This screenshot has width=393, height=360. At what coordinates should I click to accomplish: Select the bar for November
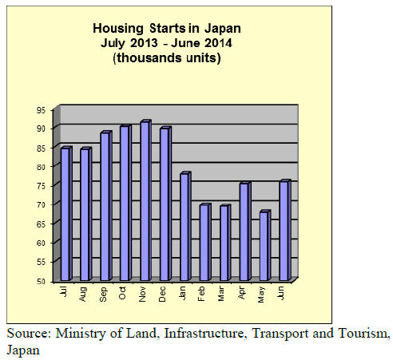[145, 200]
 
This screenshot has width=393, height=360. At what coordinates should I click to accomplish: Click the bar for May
[265, 245]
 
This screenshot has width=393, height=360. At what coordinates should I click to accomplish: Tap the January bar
[185, 227]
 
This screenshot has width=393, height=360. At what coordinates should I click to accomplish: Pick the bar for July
[66, 213]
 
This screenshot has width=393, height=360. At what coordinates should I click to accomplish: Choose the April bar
[245, 231]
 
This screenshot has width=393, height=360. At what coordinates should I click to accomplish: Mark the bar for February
[205, 242]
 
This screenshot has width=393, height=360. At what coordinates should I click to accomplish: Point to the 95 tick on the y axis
[41, 110]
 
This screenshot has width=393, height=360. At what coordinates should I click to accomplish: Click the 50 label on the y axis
[41, 281]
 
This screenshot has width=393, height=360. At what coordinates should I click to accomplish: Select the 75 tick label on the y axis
[41, 186]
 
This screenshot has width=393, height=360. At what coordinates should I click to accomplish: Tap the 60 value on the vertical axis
[41, 243]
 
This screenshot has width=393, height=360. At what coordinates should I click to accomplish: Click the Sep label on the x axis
[103, 294]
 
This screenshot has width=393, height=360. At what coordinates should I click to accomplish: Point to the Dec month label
[162, 294]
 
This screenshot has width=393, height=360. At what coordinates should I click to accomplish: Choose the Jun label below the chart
[281, 293]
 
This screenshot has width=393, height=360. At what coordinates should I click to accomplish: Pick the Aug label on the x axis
[83, 294]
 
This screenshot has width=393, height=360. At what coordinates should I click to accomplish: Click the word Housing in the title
[118, 29]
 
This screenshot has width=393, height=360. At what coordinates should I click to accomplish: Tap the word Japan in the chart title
[223, 29]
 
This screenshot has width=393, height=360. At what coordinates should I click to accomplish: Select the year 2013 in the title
[144, 43]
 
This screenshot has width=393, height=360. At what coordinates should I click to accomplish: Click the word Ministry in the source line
[81, 334]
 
